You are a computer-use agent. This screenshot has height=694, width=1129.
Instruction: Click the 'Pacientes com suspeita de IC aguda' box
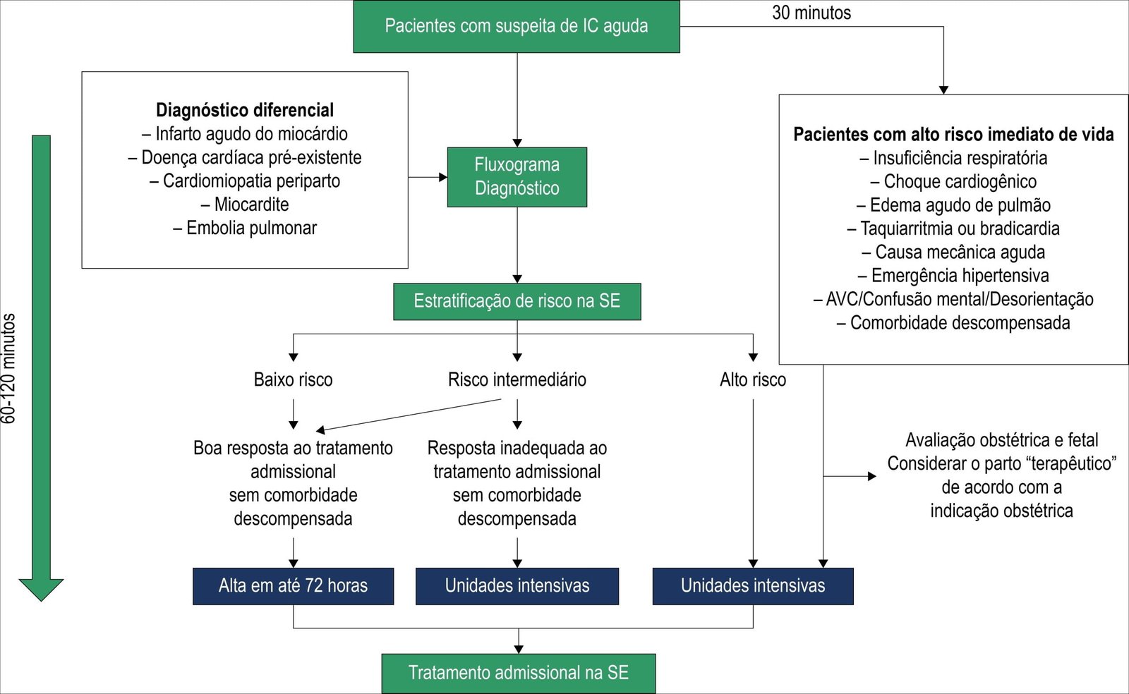tap(516, 26)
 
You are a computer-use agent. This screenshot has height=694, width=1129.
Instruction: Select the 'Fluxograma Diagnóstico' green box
tap(517, 176)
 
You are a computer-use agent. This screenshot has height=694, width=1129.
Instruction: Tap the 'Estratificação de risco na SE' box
tap(517, 301)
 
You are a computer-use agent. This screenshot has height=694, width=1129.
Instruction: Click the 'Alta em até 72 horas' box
tap(293, 585)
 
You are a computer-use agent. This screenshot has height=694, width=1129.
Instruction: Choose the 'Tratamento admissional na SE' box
tap(518, 673)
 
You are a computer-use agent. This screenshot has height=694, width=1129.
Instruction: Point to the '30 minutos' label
tap(811, 13)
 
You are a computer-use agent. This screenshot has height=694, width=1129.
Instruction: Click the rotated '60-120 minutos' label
tap(8, 368)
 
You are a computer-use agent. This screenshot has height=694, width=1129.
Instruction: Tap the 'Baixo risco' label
tap(293, 379)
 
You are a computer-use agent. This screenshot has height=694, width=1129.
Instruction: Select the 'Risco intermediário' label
tap(517, 379)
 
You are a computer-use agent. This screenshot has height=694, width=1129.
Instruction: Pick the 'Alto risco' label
tap(752, 379)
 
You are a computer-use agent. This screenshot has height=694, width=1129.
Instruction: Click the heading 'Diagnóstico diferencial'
tap(245, 110)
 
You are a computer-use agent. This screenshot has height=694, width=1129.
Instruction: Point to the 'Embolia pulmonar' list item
tap(245, 228)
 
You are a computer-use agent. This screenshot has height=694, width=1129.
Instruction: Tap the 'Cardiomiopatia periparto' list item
tap(245, 181)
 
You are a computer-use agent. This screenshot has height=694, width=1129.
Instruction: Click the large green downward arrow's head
tap(41, 589)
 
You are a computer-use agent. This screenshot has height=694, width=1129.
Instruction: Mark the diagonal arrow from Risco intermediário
tap(409, 415)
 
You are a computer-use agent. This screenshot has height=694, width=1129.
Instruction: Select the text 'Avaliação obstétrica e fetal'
tap(1001, 440)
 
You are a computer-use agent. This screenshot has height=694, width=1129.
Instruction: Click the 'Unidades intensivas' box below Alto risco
tap(752, 585)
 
